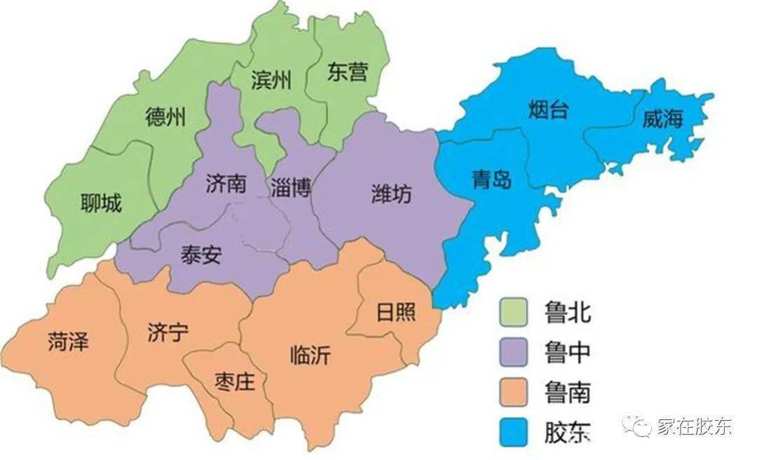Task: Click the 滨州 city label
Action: tap(271, 81)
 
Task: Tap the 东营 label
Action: tap(347, 72)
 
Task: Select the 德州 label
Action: tap(166, 116)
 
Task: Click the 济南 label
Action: tap(226, 184)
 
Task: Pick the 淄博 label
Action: tap(290, 188)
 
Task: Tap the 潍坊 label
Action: tap(392, 194)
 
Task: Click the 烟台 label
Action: tap(548, 110)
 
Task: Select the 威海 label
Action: tap(662, 119)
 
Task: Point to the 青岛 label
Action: tap(491, 180)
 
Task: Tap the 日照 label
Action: tap(396, 311)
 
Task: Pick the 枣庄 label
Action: tap(233, 382)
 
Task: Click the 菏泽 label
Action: tap(69, 341)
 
